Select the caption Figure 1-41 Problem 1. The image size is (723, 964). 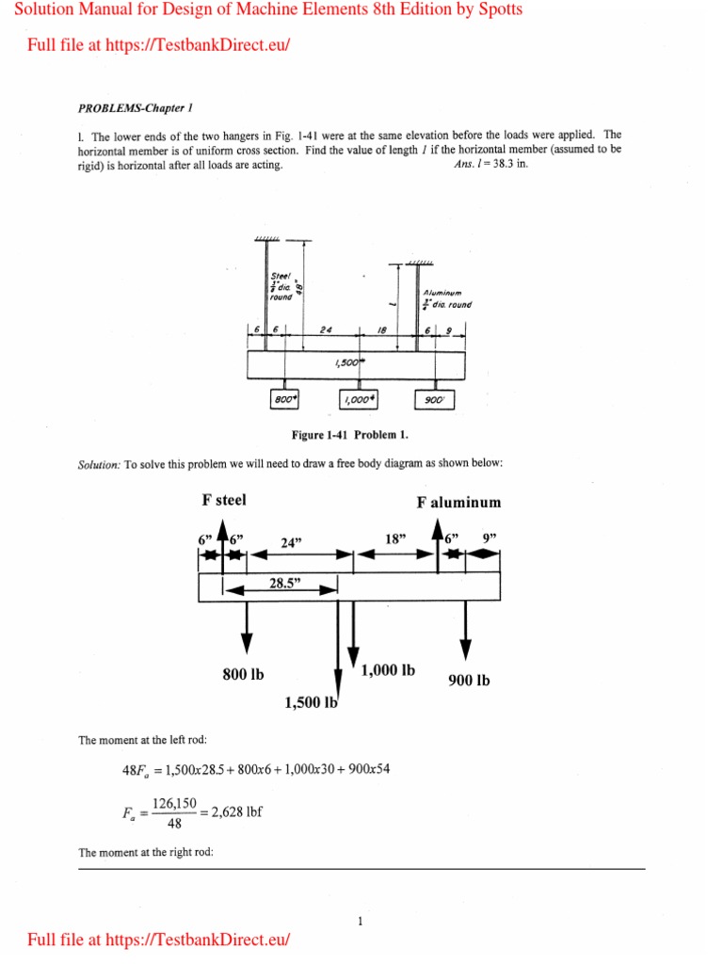[351, 435]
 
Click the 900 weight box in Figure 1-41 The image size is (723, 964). [435, 399]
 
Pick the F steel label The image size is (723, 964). [224, 500]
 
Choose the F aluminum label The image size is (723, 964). [459, 503]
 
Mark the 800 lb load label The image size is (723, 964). [243, 674]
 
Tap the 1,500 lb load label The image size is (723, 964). [311, 701]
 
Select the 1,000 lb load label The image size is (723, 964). [388, 671]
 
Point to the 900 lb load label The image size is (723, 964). [469, 681]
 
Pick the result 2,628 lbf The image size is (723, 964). [232, 813]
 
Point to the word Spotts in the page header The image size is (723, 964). [498, 9]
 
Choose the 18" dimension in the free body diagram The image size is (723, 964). [394, 538]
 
